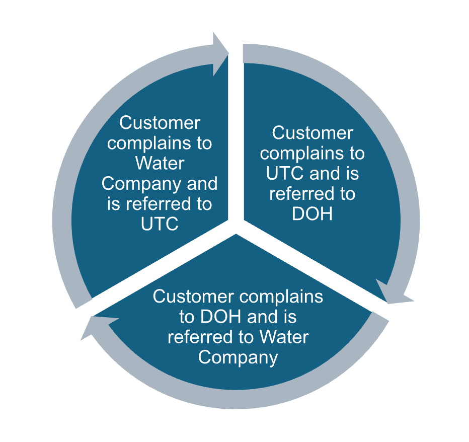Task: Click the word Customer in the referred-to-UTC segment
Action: [160, 123]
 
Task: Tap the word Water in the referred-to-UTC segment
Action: [160, 163]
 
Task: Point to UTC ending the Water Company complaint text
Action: [160, 224]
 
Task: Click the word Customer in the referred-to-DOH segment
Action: [312, 133]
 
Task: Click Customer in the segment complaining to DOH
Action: [194, 297]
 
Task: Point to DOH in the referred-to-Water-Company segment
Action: [222, 317]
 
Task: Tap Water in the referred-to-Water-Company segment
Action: [284, 337]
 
